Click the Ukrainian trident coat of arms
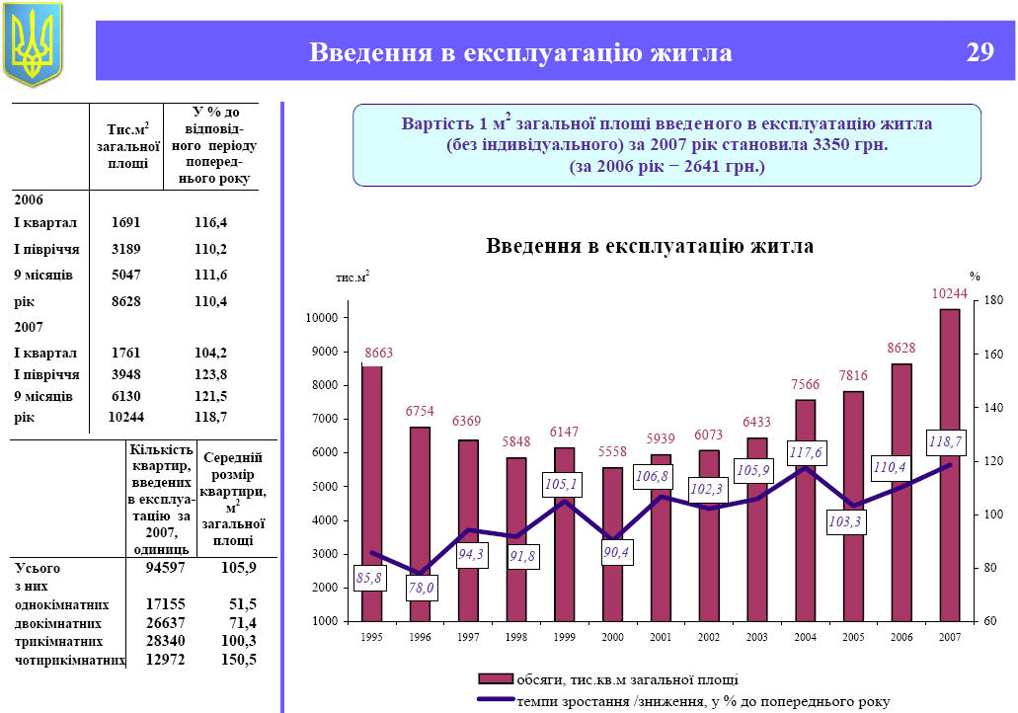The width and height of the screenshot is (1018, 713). click(33, 44)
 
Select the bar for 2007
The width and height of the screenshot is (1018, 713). click(949, 464)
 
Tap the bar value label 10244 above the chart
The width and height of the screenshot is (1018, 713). click(949, 292)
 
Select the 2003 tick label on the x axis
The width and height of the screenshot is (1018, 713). click(758, 637)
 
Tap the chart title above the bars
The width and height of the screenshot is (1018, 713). click(650, 246)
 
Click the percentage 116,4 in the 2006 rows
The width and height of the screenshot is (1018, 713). click(210, 222)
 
